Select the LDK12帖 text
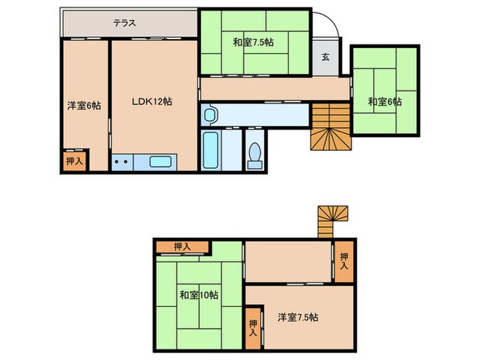tap(152, 101)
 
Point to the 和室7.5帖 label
tap(253, 43)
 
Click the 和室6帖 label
tap(385, 101)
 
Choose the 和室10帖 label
tap(200, 296)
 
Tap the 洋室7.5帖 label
tap(298, 317)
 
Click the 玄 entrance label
tap(326, 56)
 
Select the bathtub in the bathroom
tap(211, 150)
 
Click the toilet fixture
tap(254, 154)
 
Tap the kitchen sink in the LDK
tap(162, 163)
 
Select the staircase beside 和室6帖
tap(331, 126)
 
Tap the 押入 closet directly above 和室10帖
tap(182, 247)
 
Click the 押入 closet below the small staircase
tap(344, 261)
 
